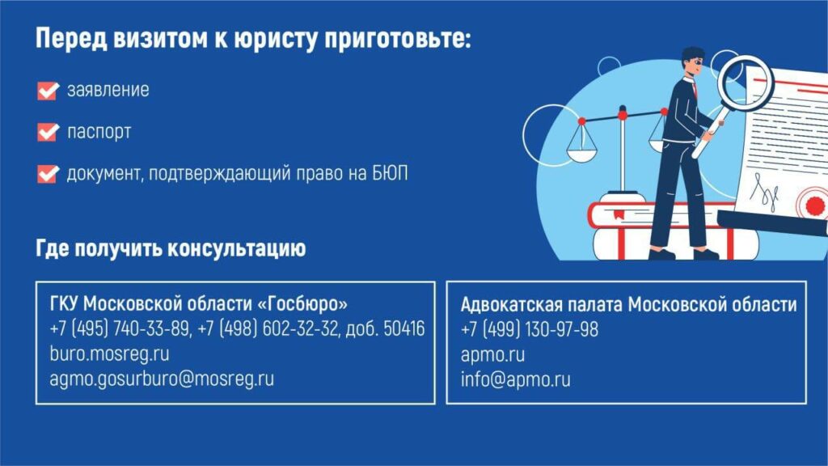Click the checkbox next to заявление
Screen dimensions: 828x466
(x=48, y=91)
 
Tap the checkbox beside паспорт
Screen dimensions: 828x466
(x=48, y=132)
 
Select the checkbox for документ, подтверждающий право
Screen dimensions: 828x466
(x=48, y=173)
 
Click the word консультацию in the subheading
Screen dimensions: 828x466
(x=236, y=248)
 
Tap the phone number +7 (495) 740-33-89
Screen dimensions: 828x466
(x=120, y=328)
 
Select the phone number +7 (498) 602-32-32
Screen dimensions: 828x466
(x=268, y=328)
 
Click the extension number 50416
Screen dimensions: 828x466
(x=404, y=328)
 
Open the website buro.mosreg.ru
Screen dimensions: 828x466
(x=109, y=354)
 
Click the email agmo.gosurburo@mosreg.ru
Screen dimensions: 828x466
(x=162, y=379)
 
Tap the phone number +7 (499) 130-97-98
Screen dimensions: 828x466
(x=530, y=329)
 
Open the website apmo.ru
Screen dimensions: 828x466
(x=492, y=354)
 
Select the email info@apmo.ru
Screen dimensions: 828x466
(x=515, y=379)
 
